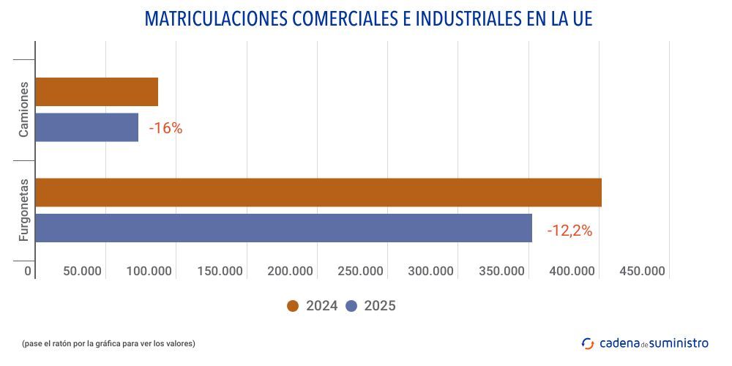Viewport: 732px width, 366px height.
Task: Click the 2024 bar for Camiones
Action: point(97,91)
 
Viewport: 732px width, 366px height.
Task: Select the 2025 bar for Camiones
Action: point(86,127)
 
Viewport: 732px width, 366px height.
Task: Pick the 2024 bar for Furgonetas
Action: point(318,193)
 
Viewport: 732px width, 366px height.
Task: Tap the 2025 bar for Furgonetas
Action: point(283,228)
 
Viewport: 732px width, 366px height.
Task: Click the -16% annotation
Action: point(165,129)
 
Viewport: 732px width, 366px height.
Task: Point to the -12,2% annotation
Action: point(569,231)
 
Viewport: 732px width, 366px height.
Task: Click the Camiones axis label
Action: point(24,109)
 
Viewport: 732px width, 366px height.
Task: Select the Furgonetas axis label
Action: point(24,210)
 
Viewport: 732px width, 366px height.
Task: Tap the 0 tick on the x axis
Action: point(29,272)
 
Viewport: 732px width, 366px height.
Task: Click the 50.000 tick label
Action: point(82,272)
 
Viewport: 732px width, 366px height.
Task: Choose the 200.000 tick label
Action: point(291,272)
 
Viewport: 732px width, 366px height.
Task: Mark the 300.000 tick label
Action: point(431,272)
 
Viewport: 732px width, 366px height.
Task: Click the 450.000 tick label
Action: point(642,272)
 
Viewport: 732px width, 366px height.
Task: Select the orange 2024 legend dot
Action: point(294,306)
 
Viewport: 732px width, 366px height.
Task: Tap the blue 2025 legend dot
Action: point(351,306)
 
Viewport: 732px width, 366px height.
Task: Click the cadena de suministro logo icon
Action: point(588,343)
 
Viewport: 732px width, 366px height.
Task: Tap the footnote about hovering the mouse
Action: point(108,343)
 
